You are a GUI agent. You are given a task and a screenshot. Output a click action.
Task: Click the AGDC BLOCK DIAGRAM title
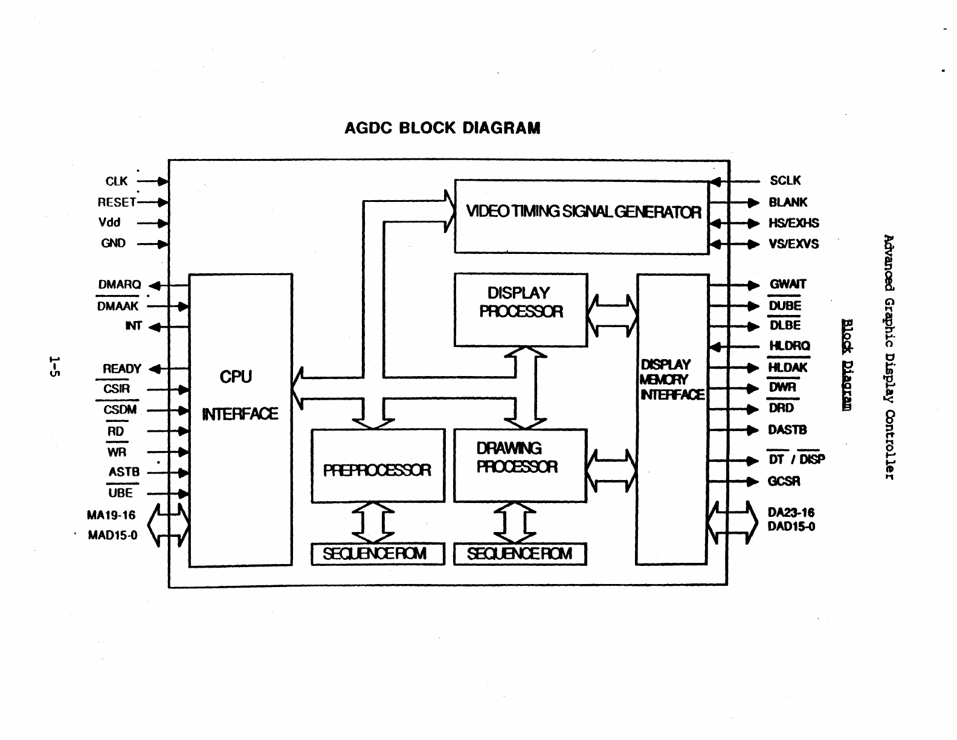[x=442, y=128]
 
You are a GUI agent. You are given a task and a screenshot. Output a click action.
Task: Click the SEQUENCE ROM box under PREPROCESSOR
[x=378, y=554]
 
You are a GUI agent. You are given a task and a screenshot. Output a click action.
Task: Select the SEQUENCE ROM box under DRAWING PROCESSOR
[x=520, y=554]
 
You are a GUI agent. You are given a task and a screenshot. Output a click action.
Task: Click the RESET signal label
[x=117, y=202]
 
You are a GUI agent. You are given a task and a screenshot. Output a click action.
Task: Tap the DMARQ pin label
[x=120, y=285]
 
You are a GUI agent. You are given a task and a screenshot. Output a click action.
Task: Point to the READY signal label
[x=122, y=369]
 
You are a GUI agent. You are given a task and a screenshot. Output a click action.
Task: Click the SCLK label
[x=785, y=181]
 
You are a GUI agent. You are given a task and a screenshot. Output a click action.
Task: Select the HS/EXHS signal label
[x=793, y=223]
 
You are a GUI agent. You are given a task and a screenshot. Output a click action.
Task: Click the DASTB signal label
[x=787, y=430]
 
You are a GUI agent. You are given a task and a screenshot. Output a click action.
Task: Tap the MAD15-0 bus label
[x=112, y=536]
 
